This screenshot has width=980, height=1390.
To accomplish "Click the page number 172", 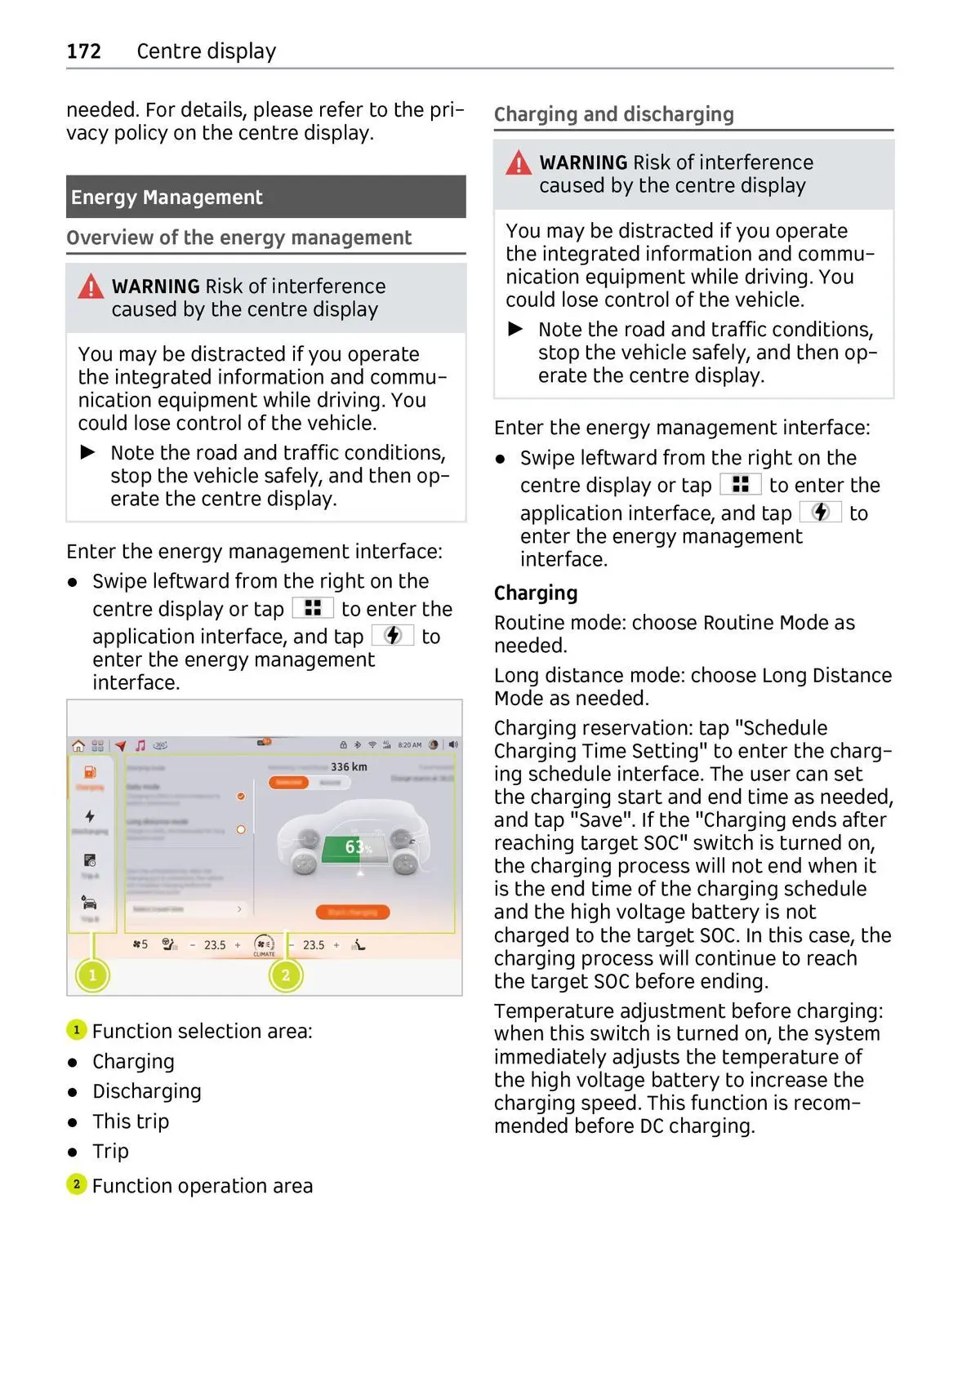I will tap(83, 51).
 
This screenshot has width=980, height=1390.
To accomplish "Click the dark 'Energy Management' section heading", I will tap(167, 198).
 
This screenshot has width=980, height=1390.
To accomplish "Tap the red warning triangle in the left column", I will tap(91, 286).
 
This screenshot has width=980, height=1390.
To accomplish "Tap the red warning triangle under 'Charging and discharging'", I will tap(518, 162).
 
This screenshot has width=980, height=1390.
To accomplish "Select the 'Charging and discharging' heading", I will tap(613, 114).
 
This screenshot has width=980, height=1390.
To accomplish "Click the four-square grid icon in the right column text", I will tap(740, 485).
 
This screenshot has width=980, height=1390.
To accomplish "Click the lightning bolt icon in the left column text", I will tap(393, 635).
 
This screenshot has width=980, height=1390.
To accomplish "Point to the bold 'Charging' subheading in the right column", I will tap(535, 593).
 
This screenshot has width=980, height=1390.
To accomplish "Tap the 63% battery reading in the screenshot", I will tap(357, 847).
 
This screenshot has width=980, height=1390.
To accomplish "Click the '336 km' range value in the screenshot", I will tap(349, 767).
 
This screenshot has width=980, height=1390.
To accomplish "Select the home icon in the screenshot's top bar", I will tap(78, 745).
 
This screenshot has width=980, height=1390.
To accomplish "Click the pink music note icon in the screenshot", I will tap(140, 745).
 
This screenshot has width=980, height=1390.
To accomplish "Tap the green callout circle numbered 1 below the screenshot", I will tap(92, 975).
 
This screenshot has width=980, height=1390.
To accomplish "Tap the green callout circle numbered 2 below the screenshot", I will tap(286, 975).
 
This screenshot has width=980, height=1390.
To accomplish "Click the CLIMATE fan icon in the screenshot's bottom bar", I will tap(264, 945).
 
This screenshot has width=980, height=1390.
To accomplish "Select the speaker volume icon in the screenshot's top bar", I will tap(453, 744).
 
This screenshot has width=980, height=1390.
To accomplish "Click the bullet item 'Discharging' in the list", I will tap(146, 1091).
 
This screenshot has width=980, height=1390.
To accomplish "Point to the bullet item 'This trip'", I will tap(131, 1121).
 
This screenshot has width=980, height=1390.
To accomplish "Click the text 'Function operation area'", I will tap(202, 1186).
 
